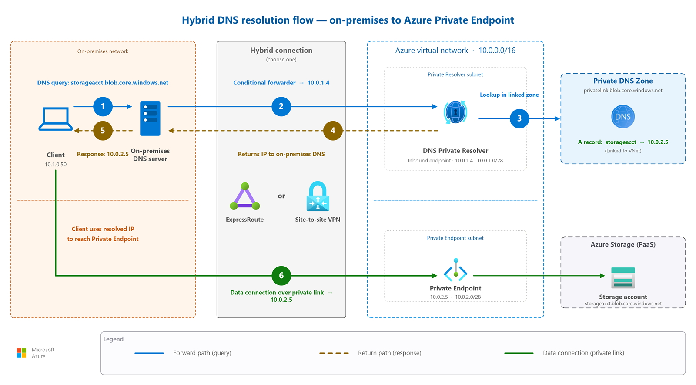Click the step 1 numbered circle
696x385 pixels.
pyautogui.click(x=103, y=107)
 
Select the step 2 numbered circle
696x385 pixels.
pyautogui.click(x=281, y=107)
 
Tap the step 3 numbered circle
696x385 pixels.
pyautogui.click(x=519, y=118)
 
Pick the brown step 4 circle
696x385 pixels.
pyautogui.click(x=333, y=131)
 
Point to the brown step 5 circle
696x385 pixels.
pyautogui.click(x=103, y=131)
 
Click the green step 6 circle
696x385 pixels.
pyautogui.click(x=281, y=276)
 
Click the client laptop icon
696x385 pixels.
pyautogui.click(x=56, y=119)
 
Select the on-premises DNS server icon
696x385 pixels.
pyautogui.click(x=150, y=118)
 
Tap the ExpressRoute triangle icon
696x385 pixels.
pyautogui.click(x=245, y=196)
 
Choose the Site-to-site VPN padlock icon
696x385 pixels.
pyautogui.click(x=318, y=196)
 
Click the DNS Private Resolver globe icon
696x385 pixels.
pyautogui.click(x=455, y=112)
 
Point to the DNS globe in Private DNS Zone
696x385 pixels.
pyautogui.click(x=623, y=117)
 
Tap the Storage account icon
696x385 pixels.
pyautogui.click(x=623, y=278)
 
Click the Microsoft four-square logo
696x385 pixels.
pyautogui.click(x=21, y=353)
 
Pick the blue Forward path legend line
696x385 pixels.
pyautogui.click(x=149, y=353)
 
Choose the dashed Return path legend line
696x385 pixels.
pyautogui.click(x=334, y=353)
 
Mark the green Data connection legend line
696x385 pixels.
pyautogui.click(x=519, y=353)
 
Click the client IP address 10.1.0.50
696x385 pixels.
pyautogui.click(x=56, y=165)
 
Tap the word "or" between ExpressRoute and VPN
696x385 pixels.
pyautogui.click(x=281, y=196)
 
